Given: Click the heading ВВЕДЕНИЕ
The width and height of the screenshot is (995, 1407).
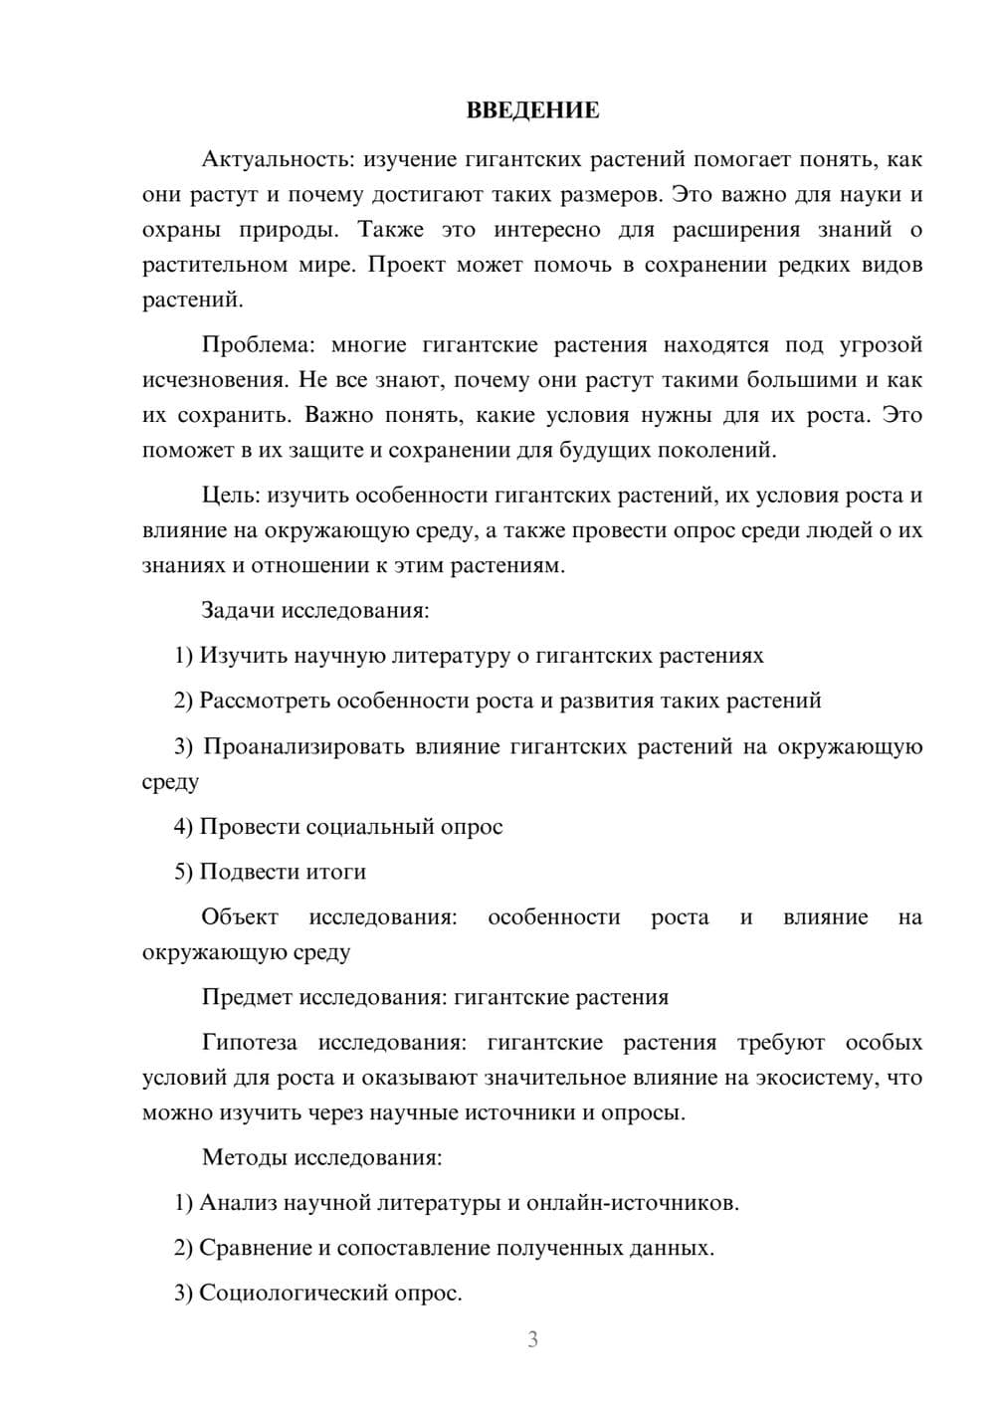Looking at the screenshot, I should (x=532, y=110).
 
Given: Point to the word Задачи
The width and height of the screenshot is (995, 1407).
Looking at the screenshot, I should (x=238, y=610).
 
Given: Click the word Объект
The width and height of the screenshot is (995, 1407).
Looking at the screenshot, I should (x=240, y=917).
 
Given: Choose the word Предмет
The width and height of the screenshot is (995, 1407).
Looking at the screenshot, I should (x=247, y=997).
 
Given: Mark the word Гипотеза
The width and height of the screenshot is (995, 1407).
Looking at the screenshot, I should (x=249, y=1043).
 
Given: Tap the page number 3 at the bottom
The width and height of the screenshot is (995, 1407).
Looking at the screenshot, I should (x=532, y=1339).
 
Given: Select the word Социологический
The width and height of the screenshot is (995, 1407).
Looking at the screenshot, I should (x=290, y=1293).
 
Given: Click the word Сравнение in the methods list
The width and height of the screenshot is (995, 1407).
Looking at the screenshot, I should (x=256, y=1248).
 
